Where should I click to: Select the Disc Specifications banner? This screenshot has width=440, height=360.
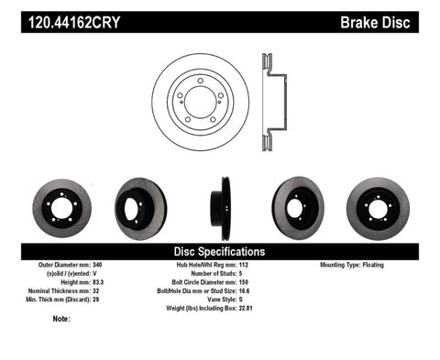pyautogui.click(x=220, y=251)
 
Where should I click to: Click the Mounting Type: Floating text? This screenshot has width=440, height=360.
pyautogui.click(x=358, y=266)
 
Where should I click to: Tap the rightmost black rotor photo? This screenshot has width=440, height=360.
pyautogui.click(x=379, y=205)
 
